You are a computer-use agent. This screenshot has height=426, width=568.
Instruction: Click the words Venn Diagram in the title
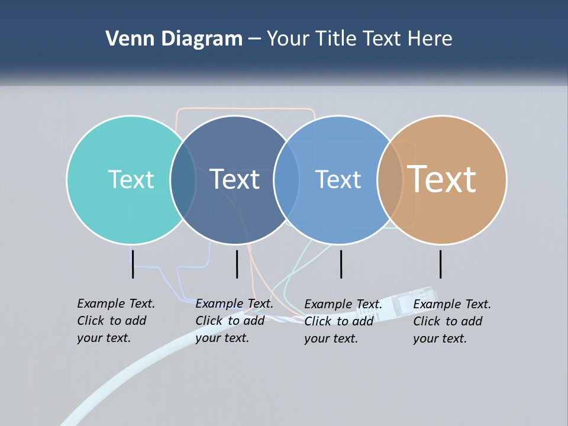[174, 39]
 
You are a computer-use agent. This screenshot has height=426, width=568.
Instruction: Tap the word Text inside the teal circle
[131, 179]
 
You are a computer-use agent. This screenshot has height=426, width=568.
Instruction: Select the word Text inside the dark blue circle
[235, 179]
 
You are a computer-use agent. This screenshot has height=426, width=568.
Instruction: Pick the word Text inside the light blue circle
[338, 179]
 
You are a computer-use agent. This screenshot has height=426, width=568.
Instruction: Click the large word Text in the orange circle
[442, 179]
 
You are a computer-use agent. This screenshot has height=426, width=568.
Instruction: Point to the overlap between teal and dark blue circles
[183, 180]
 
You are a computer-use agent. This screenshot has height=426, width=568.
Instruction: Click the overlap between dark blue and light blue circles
[287, 180]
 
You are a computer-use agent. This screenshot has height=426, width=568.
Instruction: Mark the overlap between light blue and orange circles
[390, 180]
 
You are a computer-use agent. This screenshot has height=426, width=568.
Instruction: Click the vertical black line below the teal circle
[133, 264]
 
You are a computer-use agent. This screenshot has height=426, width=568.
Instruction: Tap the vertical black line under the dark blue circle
[237, 264]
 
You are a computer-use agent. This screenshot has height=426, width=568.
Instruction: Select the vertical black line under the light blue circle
[341, 264]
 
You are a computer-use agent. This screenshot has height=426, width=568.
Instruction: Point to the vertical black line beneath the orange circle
[441, 264]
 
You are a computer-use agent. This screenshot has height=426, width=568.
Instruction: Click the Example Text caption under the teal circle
[115, 321]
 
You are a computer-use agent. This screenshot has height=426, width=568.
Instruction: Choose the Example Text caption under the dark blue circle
[234, 321]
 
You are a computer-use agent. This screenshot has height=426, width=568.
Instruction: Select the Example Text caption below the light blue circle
[343, 321]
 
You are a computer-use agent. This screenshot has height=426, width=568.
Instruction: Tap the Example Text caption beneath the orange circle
[451, 321]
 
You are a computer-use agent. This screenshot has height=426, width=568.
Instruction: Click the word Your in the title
[288, 39]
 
